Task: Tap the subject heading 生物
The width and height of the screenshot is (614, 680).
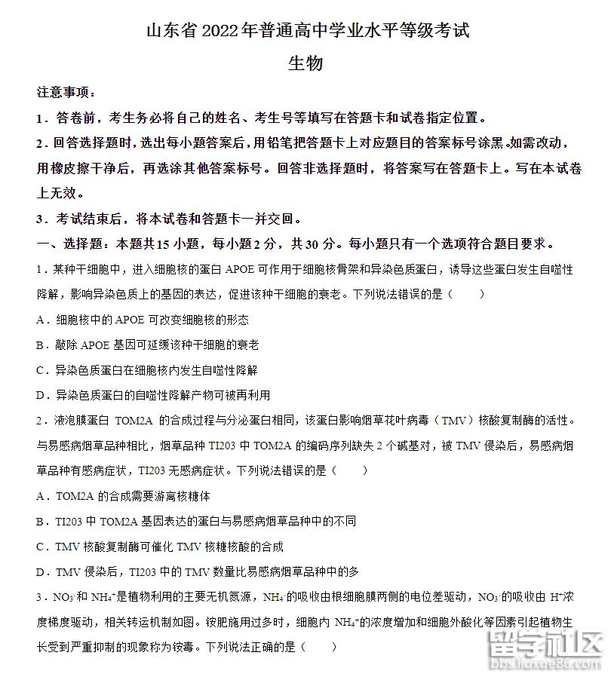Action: [306, 63]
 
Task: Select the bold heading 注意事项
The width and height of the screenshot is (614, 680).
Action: [66, 93]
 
